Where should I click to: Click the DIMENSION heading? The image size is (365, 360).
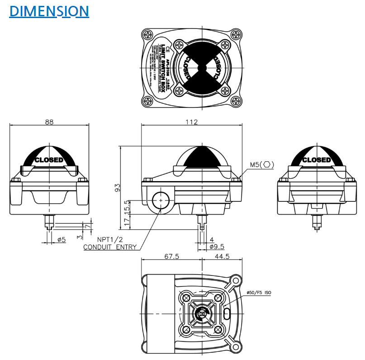click(49, 11)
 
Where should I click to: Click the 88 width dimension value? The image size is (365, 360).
click(49, 122)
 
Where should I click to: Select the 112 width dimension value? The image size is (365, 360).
click(192, 122)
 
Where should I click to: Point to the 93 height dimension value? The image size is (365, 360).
click(117, 187)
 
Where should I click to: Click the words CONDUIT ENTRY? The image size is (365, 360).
click(109, 247)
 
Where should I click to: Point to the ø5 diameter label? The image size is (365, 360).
click(62, 239)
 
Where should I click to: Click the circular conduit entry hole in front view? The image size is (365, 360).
click(161, 200)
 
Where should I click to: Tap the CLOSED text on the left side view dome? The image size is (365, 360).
click(49, 160)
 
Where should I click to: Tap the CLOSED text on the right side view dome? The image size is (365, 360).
click(316, 160)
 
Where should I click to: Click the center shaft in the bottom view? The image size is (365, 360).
click(201, 313)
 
